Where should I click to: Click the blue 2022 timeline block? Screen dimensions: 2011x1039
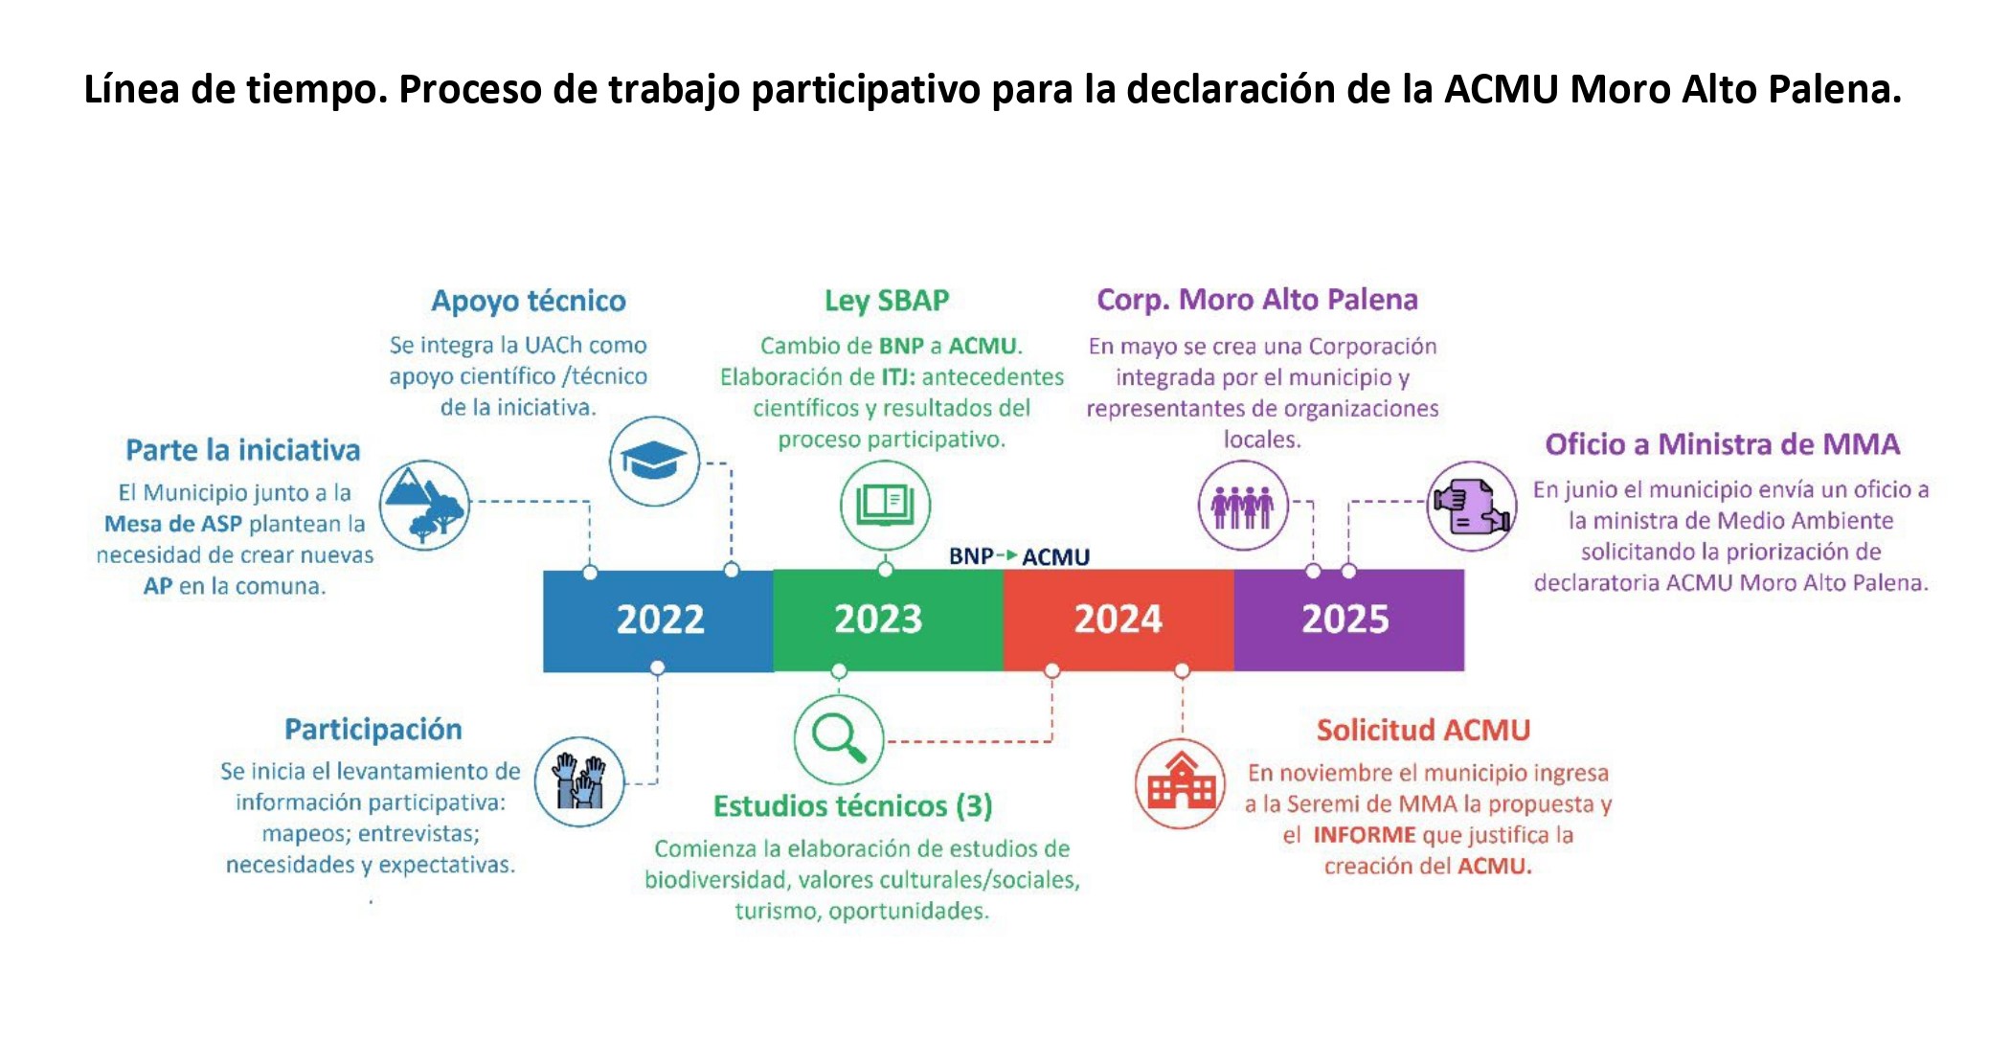(x=658, y=621)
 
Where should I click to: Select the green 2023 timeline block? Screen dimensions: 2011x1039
(x=888, y=621)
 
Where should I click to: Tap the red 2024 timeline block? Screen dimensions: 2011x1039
(x=1118, y=621)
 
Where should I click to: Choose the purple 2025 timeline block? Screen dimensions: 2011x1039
(x=1348, y=621)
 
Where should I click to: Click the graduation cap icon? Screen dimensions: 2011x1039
(x=655, y=461)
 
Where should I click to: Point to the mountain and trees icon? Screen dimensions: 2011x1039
(x=424, y=505)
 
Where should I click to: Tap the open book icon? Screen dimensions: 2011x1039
(x=886, y=505)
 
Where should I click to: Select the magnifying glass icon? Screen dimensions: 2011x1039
(x=839, y=740)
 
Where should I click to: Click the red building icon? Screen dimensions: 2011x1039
(x=1181, y=783)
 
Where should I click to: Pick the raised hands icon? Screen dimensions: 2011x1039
(x=579, y=781)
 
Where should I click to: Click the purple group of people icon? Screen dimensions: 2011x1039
(x=1243, y=505)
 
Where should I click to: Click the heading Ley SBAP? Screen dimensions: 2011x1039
(x=887, y=301)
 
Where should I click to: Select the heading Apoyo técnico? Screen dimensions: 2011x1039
(x=529, y=301)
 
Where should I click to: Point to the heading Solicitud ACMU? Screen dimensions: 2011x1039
(x=1423, y=730)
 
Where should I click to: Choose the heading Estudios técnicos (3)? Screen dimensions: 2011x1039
(x=852, y=806)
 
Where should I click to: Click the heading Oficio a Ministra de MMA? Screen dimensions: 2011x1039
(x=1722, y=444)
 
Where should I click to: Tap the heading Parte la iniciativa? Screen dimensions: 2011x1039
(x=243, y=450)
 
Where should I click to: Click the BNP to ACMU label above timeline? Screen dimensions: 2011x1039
(x=1019, y=556)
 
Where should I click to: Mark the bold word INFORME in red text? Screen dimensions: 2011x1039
(x=1364, y=835)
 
